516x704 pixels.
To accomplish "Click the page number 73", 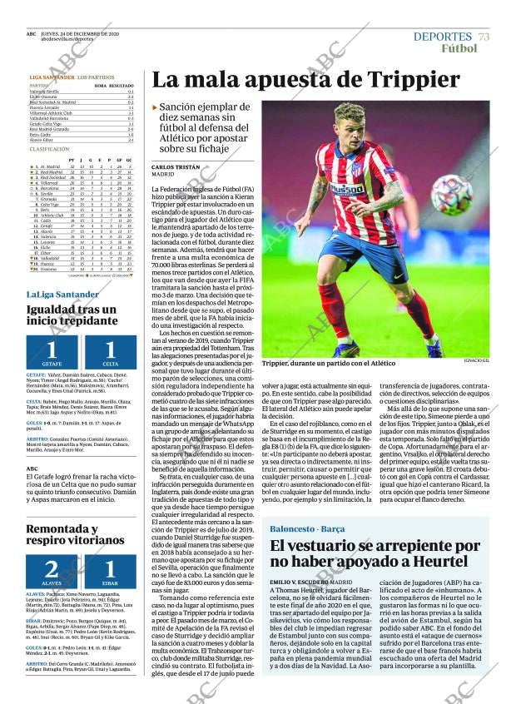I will click(x=484, y=37).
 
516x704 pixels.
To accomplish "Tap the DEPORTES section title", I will click(x=442, y=37).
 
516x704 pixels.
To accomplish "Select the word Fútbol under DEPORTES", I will click(x=459, y=49).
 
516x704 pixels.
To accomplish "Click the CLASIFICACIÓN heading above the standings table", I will click(x=49, y=148).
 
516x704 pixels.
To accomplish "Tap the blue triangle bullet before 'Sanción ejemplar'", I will click(x=155, y=108).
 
